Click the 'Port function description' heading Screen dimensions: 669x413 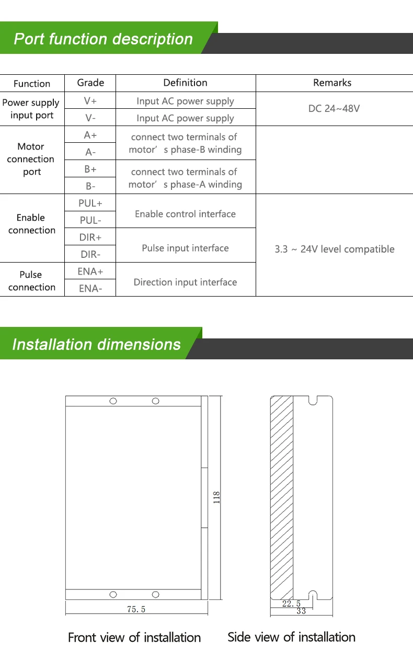[x=103, y=39]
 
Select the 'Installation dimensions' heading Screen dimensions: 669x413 [x=96, y=345]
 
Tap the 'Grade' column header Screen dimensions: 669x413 [x=90, y=83]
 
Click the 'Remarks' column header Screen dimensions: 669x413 [x=332, y=83]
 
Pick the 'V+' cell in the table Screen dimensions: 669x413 [x=90, y=101]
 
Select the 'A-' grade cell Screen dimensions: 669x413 [x=90, y=152]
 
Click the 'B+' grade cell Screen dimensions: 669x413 [x=90, y=169]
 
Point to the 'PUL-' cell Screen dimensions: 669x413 [x=90, y=220]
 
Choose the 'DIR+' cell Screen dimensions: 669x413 [x=90, y=237]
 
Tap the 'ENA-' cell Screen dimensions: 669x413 [x=90, y=288]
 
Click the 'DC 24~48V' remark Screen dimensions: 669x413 [x=334, y=109]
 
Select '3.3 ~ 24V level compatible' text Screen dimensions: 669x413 [x=335, y=249]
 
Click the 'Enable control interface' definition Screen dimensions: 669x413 [x=185, y=214]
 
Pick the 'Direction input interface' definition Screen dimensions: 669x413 [x=185, y=282]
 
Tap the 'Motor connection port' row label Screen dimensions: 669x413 [x=31, y=159]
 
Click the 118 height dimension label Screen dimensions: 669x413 [x=216, y=497]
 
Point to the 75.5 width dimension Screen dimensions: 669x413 [x=136, y=609]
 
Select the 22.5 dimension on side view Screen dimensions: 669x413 [x=291, y=604]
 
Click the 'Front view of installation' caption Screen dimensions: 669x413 [x=134, y=638]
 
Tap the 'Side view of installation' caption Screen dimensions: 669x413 [x=291, y=637]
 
